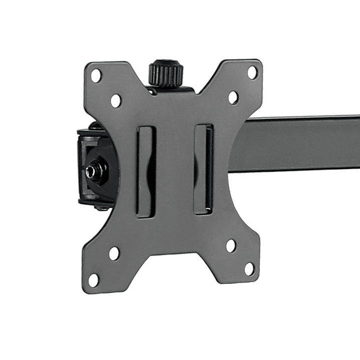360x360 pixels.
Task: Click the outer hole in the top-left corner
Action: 96,76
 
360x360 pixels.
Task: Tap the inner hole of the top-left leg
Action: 116,101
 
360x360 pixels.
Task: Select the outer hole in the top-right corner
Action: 252,72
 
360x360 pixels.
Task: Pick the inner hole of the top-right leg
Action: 233,97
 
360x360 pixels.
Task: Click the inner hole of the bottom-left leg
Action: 114,253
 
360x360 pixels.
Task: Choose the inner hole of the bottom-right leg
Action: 231,245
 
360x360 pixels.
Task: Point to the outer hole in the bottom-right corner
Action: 249,269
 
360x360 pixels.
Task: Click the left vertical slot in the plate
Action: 146,171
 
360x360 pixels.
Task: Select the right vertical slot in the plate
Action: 203,169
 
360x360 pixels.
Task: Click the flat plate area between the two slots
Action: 175,170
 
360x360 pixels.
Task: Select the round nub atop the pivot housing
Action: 94,126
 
